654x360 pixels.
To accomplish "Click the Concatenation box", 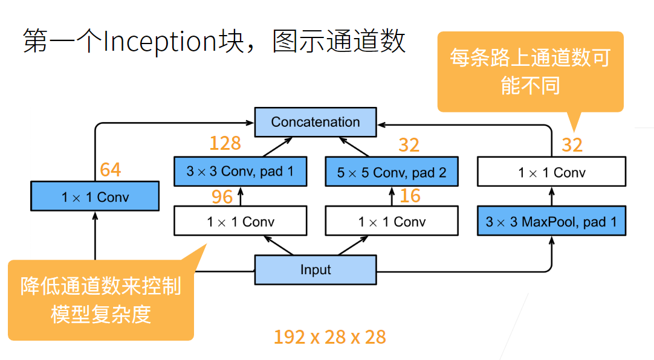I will [x=315, y=122].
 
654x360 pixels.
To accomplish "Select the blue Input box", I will [x=315, y=269].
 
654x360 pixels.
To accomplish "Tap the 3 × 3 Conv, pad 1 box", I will [x=240, y=172].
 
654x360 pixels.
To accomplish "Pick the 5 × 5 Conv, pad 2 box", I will [x=391, y=173].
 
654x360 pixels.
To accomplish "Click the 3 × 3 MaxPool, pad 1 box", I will [x=551, y=222].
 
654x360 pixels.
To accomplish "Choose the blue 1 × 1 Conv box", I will [x=95, y=197].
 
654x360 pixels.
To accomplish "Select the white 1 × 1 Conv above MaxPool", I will [x=551, y=173].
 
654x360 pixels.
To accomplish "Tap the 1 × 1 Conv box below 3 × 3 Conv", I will [x=240, y=222].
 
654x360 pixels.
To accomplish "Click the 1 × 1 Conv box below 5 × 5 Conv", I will [x=391, y=222].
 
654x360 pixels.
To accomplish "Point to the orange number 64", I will [x=111, y=170].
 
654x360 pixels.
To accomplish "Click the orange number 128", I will [x=225, y=143].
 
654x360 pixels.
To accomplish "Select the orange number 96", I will [x=222, y=196].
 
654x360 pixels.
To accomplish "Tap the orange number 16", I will [x=410, y=196].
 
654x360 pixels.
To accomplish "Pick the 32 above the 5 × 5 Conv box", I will [x=409, y=145].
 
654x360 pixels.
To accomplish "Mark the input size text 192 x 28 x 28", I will [x=329, y=337].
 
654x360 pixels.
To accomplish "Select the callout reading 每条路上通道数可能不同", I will [x=529, y=71].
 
